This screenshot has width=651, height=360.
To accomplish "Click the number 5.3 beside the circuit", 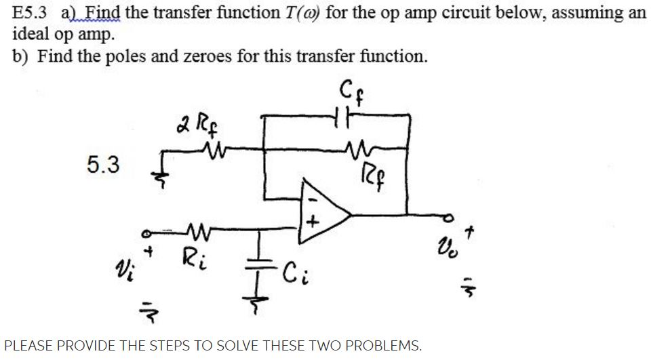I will coord(103,165).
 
